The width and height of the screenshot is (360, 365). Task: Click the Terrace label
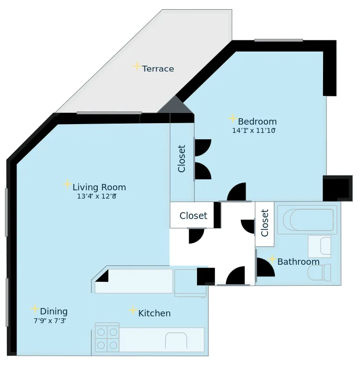click(158, 69)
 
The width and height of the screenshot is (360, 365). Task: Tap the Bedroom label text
click(257, 122)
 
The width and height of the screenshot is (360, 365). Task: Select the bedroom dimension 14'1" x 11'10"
click(254, 131)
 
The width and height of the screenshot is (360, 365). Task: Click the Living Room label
click(99, 187)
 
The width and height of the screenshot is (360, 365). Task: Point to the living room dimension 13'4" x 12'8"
click(96, 197)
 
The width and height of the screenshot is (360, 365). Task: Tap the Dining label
click(54, 311)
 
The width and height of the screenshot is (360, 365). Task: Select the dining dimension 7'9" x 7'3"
click(50, 321)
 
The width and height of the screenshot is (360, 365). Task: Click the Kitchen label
click(154, 313)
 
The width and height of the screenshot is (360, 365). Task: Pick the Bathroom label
click(298, 262)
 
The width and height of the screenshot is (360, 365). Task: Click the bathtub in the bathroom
click(311, 219)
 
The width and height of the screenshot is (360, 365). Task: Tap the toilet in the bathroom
click(320, 272)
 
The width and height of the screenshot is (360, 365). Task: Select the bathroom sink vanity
click(319, 246)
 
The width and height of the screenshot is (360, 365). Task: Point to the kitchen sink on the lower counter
click(176, 340)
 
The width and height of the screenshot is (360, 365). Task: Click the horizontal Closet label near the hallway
click(193, 216)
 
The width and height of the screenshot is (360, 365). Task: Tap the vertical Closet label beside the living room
click(182, 159)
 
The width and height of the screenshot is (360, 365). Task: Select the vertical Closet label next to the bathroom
click(265, 223)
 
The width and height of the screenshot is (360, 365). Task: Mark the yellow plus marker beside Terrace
click(137, 66)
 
